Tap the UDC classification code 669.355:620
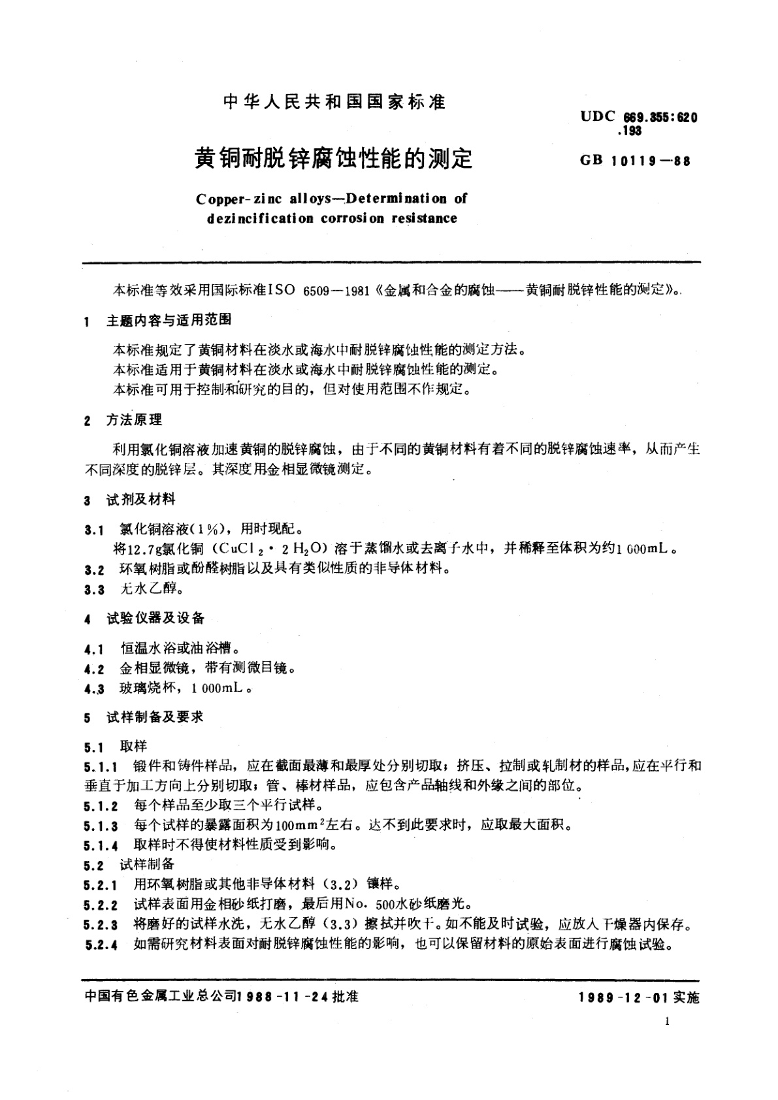pyautogui.click(x=660, y=118)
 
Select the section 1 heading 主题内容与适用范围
pyautogui.click(x=169, y=321)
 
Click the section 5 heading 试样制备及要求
pyautogui.click(x=155, y=717)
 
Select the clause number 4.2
pyautogui.click(x=94, y=669)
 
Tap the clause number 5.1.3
pyautogui.click(x=101, y=826)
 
